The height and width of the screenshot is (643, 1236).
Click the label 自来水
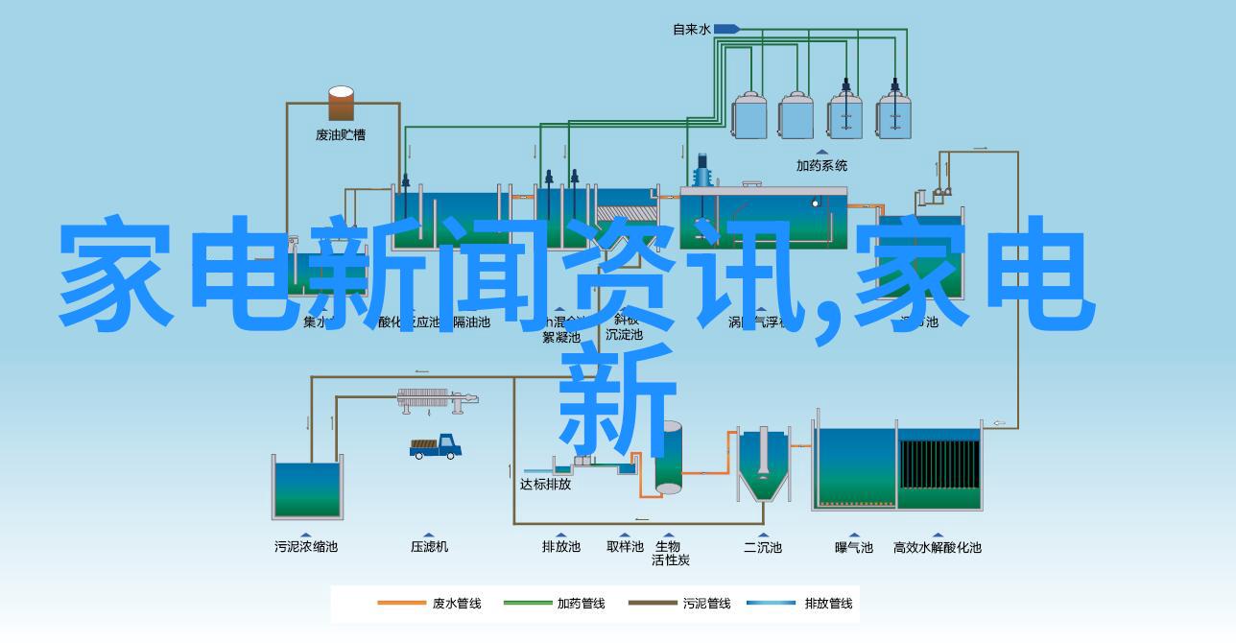click(691, 30)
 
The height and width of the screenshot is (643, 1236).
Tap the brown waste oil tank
click(341, 105)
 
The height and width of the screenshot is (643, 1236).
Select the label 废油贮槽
click(341, 135)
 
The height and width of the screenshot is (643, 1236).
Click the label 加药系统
click(821, 165)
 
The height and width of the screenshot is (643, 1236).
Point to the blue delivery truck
click(437, 446)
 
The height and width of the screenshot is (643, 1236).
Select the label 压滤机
click(429, 546)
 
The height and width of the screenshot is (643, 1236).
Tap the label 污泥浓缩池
click(305, 546)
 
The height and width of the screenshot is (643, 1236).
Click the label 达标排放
click(545, 485)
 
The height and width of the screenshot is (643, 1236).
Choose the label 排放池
click(561, 546)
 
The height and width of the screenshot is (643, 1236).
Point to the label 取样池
click(625, 546)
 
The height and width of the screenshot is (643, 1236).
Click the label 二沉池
click(763, 547)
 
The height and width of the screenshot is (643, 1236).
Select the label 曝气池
click(853, 547)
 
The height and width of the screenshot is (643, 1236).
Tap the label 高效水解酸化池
click(937, 547)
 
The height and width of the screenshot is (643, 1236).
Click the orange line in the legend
click(402, 604)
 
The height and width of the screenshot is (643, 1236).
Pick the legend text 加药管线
click(581, 604)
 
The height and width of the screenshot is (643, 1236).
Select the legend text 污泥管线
click(706, 604)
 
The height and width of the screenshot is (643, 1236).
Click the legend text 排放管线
click(828, 604)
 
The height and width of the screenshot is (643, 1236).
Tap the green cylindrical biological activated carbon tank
click(669, 459)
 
